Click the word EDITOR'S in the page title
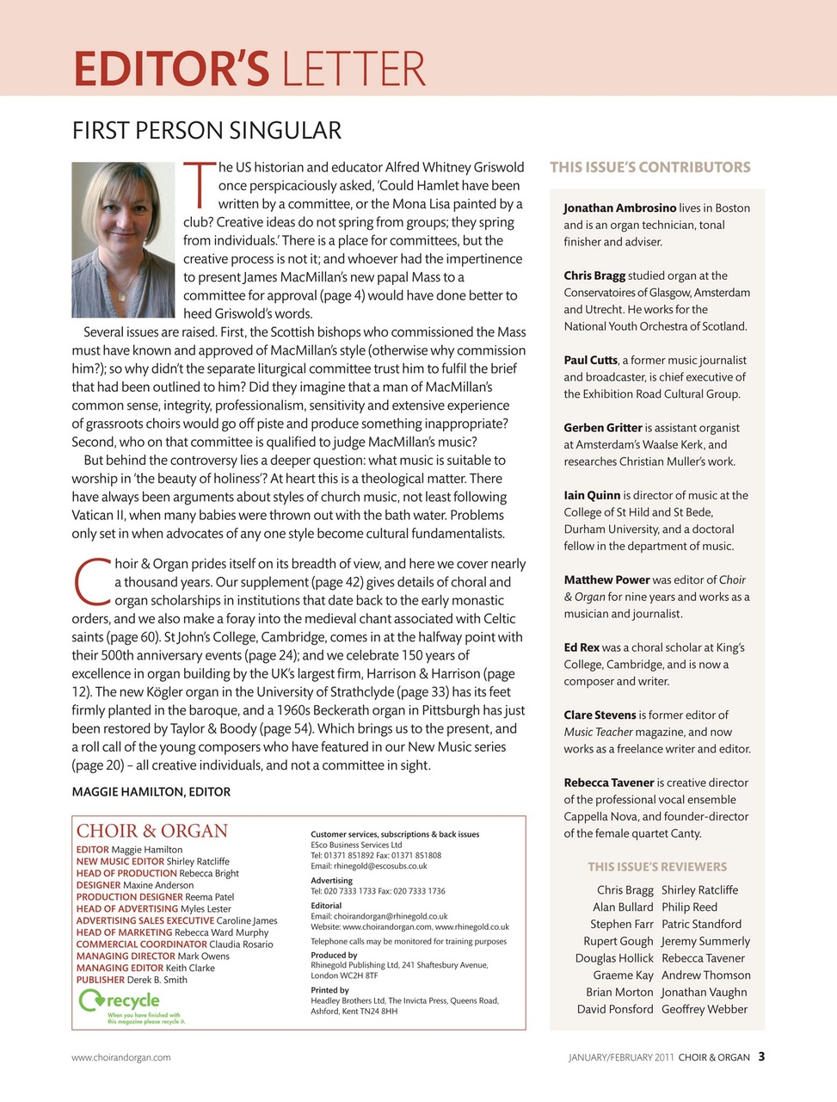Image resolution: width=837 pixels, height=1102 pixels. [x=171, y=69]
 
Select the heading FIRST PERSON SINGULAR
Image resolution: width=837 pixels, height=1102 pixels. [x=206, y=131]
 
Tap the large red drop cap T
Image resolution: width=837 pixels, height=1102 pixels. [x=199, y=184]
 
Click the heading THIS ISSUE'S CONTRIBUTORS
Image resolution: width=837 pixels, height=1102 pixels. [x=649, y=167]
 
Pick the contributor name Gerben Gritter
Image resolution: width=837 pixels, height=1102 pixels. [x=603, y=428]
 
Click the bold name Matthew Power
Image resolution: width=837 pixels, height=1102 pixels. [x=606, y=580]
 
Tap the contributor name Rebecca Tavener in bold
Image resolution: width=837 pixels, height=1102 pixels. [x=608, y=783]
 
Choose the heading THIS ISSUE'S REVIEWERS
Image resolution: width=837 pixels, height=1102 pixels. [x=657, y=867]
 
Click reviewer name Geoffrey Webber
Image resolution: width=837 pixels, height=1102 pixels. [x=704, y=1009]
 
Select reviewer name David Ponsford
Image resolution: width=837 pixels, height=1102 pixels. [x=614, y=1009]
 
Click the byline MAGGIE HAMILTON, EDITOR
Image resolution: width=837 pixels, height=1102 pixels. [x=151, y=791]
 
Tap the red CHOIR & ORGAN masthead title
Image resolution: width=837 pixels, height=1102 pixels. [x=152, y=831]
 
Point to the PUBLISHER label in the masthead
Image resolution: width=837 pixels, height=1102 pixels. [x=100, y=980]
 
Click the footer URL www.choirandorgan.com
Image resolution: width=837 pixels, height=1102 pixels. [x=120, y=1057]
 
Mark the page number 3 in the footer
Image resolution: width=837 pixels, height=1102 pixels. [x=761, y=1056]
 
